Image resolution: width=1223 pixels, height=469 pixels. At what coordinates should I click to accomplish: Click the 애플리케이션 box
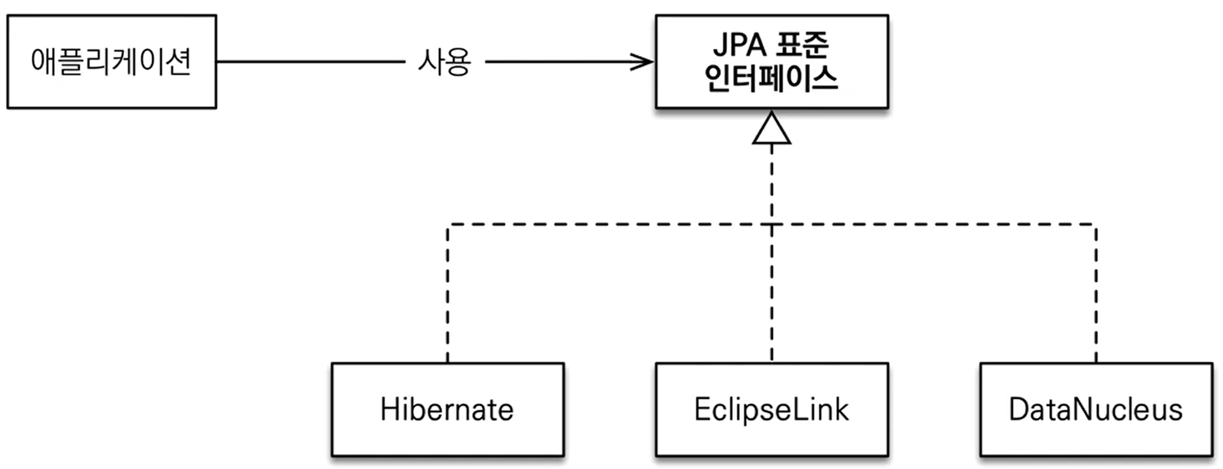pyautogui.click(x=111, y=61)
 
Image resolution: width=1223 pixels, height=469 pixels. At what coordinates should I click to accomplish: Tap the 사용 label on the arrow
pyautogui.click(x=444, y=61)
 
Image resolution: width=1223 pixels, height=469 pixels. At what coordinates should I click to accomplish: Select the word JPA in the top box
pyautogui.click(x=739, y=44)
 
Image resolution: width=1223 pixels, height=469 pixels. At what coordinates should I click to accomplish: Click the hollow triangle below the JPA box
pyautogui.click(x=772, y=130)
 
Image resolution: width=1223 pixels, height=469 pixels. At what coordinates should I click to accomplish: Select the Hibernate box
pyautogui.click(x=447, y=409)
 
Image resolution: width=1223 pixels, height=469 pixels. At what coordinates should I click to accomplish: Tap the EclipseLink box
pyautogui.click(x=772, y=409)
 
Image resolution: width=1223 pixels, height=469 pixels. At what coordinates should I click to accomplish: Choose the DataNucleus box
pyautogui.click(x=1096, y=409)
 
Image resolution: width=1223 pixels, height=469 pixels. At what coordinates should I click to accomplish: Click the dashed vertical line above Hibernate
pyautogui.click(x=448, y=293)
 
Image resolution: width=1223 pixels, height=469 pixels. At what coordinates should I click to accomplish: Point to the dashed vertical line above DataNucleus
pyautogui.click(x=1096, y=293)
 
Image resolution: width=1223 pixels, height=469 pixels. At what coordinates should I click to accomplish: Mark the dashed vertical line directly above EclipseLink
pyautogui.click(x=772, y=293)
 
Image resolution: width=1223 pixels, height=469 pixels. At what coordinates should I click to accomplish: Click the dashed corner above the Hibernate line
pyautogui.click(x=448, y=225)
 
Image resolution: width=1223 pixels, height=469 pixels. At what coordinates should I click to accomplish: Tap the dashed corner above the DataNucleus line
pyautogui.click(x=1095, y=225)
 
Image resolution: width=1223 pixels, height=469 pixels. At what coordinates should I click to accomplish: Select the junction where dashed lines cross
pyautogui.click(x=772, y=224)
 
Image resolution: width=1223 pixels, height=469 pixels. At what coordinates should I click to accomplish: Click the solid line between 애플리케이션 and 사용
pyautogui.click(x=310, y=61)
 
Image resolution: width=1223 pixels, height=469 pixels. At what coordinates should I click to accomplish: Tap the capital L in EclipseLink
pyautogui.click(x=795, y=409)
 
